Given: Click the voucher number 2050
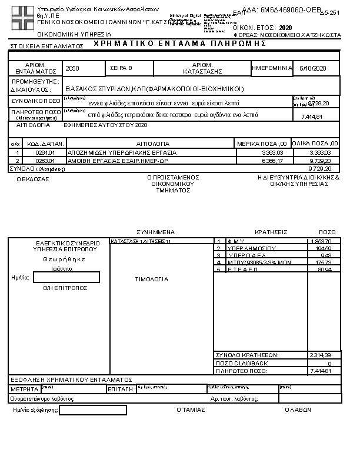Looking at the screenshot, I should pyautogui.click(x=73, y=69).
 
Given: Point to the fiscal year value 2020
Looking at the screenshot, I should pyautogui.click(x=285, y=28).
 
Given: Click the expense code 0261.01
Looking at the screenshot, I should pyautogui.click(x=45, y=152).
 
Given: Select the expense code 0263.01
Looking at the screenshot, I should pyautogui.click(x=45, y=160).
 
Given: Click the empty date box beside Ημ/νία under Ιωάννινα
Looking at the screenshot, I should pyautogui.click(x=66, y=277).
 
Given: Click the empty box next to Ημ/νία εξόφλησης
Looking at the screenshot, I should pyautogui.click(x=84, y=410).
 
